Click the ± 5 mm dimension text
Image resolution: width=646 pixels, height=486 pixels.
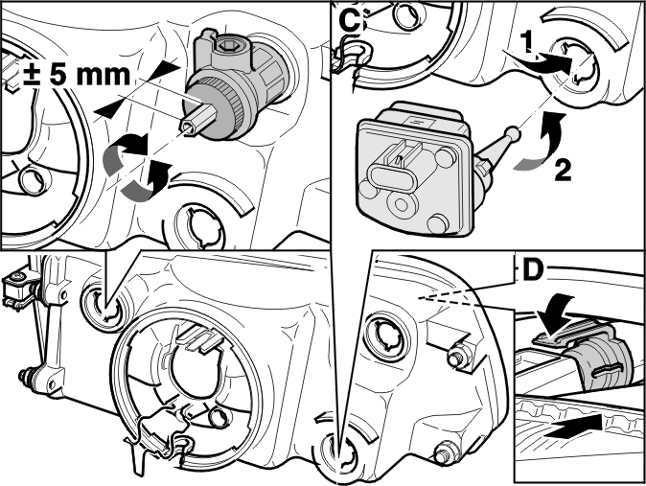[77, 75]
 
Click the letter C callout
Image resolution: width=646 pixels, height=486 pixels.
[350, 22]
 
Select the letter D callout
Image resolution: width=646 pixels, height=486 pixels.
[532, 271]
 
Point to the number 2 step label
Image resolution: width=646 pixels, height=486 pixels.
[563, 171]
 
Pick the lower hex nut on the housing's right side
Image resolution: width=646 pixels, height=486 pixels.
[446, 451]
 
